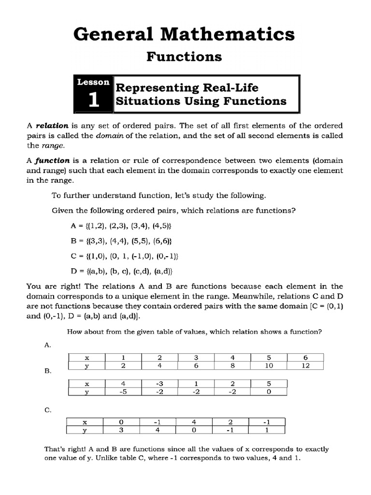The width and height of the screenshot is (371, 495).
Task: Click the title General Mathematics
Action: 184,34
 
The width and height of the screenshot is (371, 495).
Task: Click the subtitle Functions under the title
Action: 184,57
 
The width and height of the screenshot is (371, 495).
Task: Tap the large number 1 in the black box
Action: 93,99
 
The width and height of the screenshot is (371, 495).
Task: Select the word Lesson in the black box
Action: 93,82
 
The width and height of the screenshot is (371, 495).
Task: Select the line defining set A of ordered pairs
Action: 121,226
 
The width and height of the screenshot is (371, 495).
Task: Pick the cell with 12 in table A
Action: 305,366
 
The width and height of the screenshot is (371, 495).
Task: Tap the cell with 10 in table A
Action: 269,366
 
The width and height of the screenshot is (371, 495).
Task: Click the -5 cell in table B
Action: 123,392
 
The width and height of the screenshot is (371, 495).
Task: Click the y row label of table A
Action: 87,366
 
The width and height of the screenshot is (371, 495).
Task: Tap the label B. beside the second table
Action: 48,371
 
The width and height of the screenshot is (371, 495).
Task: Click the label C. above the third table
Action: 48,410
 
